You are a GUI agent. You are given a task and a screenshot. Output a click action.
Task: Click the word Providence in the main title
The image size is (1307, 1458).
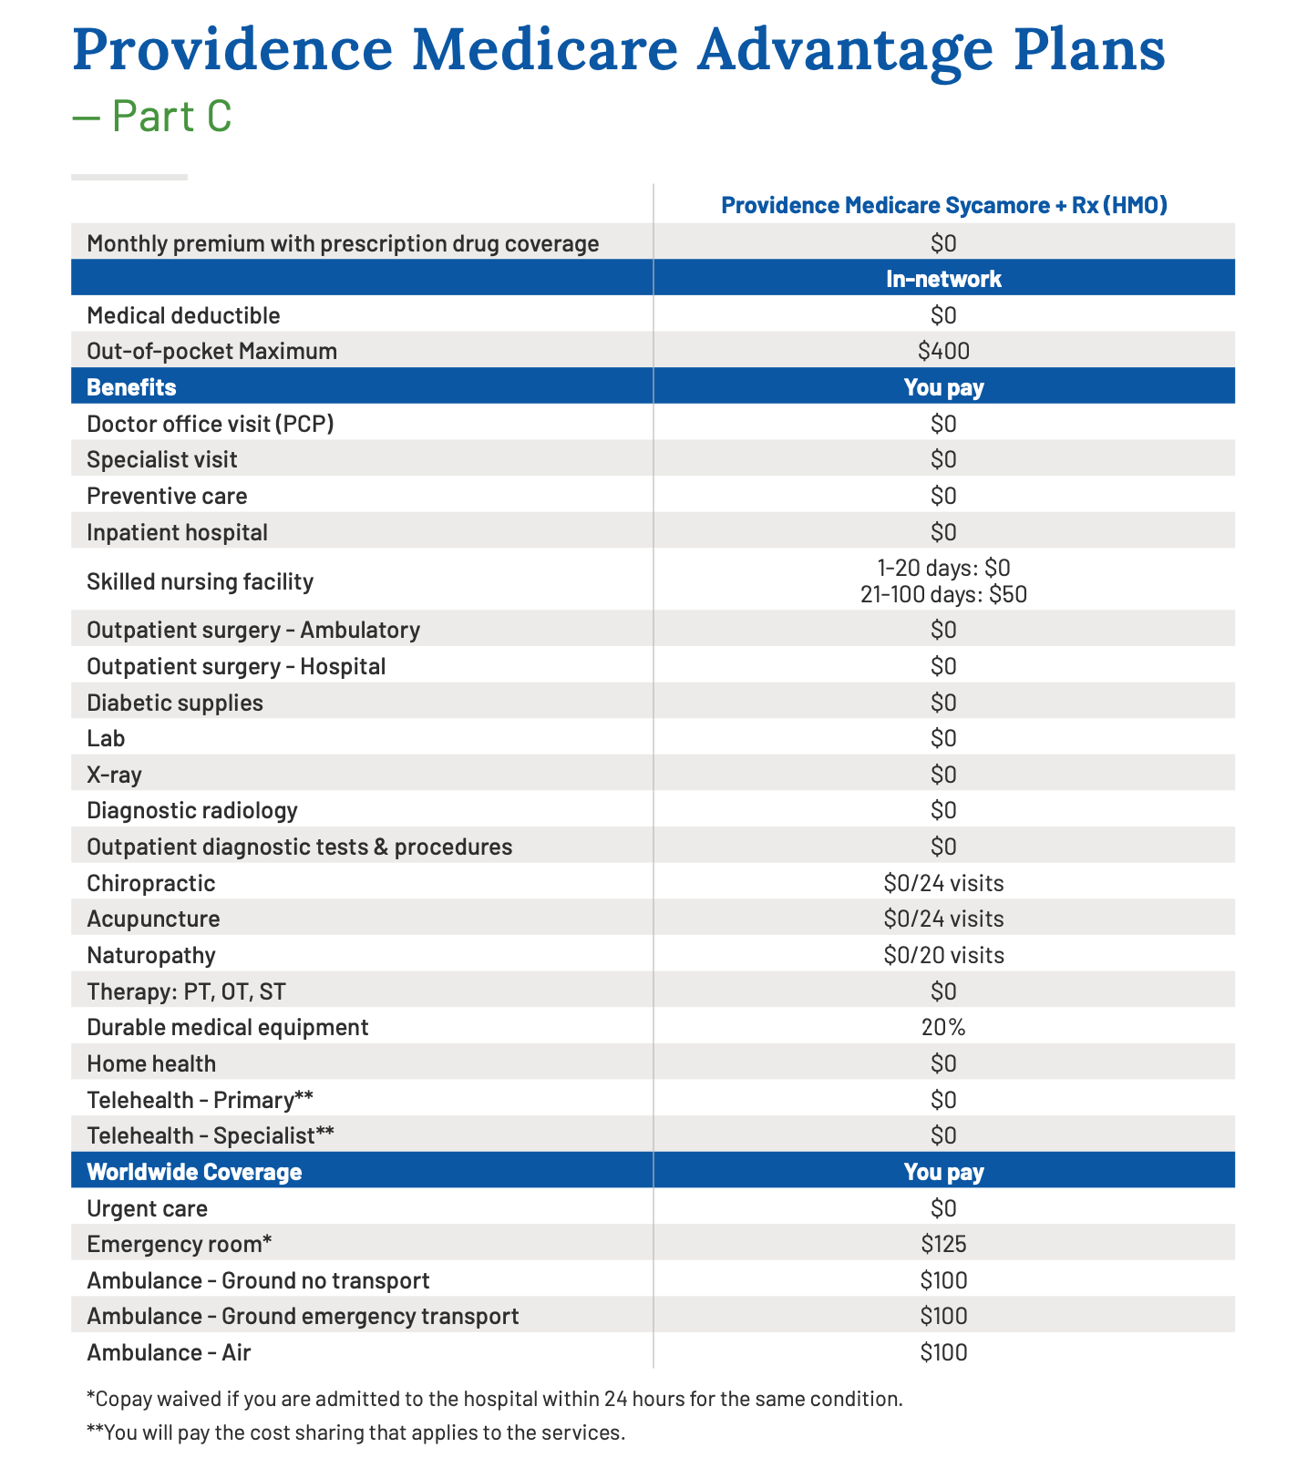(x=232, y=50)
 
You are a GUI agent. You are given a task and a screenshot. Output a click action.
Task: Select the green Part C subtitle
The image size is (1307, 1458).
(x=152, y=117)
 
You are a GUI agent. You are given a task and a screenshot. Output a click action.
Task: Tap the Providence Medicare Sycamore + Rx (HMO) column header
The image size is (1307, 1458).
(x=944, y=205)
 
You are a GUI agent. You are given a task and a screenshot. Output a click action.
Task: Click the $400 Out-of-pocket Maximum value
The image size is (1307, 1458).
(x=944, y=351)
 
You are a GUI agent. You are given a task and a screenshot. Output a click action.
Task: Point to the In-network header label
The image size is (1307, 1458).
(x=944, y=279)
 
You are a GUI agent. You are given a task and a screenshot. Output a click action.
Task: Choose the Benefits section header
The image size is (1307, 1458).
(x=131, y=387)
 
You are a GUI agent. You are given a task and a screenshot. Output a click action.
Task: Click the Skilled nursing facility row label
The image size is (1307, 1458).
(x=200, y=581)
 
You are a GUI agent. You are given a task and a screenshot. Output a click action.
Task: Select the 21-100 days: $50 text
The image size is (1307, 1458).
(x=944, y=595)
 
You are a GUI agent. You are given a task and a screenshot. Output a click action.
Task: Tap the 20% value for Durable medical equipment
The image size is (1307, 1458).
(x=944, y=1028)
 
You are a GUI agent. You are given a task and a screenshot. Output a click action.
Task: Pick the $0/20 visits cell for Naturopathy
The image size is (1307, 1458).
(x=944, y=956)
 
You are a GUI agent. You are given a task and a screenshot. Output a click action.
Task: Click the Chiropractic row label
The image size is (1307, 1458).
(x=151, y=884)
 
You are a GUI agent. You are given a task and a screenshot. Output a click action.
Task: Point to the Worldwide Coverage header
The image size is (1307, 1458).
(x=194, y=1172)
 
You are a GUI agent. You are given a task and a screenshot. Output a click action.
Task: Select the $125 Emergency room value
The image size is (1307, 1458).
(x=944, y=1245)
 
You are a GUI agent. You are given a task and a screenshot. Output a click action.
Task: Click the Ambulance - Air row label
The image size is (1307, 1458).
(x=169, y=1353)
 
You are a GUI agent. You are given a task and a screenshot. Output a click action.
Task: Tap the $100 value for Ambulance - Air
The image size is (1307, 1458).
(x=944, y=1353)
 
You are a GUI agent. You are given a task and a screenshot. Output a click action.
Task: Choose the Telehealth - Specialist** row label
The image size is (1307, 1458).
(x=211, y=1136)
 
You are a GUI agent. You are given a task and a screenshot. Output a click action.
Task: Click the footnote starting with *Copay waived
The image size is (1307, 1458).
(x=495, y=1399)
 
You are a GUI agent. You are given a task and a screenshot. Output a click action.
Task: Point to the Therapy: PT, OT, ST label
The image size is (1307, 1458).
(x=187, y=992)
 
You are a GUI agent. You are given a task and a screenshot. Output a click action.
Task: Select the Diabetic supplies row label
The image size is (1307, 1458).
(x=175, y=703)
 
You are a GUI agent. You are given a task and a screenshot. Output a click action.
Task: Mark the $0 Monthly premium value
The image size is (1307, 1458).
(x=944, y=243)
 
